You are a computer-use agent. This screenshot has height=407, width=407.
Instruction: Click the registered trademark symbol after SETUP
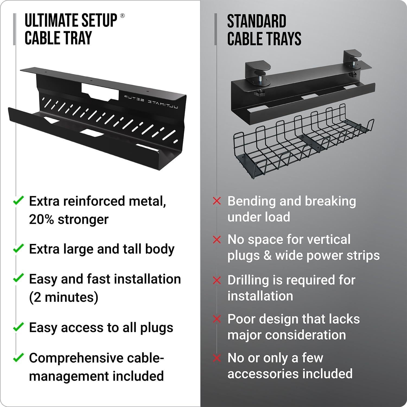(122, 16)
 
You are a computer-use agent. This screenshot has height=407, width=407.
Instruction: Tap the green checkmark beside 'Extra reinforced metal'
(18, 201)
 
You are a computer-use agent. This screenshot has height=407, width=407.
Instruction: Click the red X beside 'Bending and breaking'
(217, 201)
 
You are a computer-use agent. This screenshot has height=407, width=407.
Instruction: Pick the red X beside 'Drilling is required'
(217, 280)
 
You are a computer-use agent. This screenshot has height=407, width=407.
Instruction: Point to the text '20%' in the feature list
(42, 219)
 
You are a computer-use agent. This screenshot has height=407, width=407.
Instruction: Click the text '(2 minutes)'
(63, 297)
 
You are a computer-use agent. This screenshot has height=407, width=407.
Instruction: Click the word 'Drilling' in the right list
(247, 280)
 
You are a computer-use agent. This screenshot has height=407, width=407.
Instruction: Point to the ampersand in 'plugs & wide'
(268, 256)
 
